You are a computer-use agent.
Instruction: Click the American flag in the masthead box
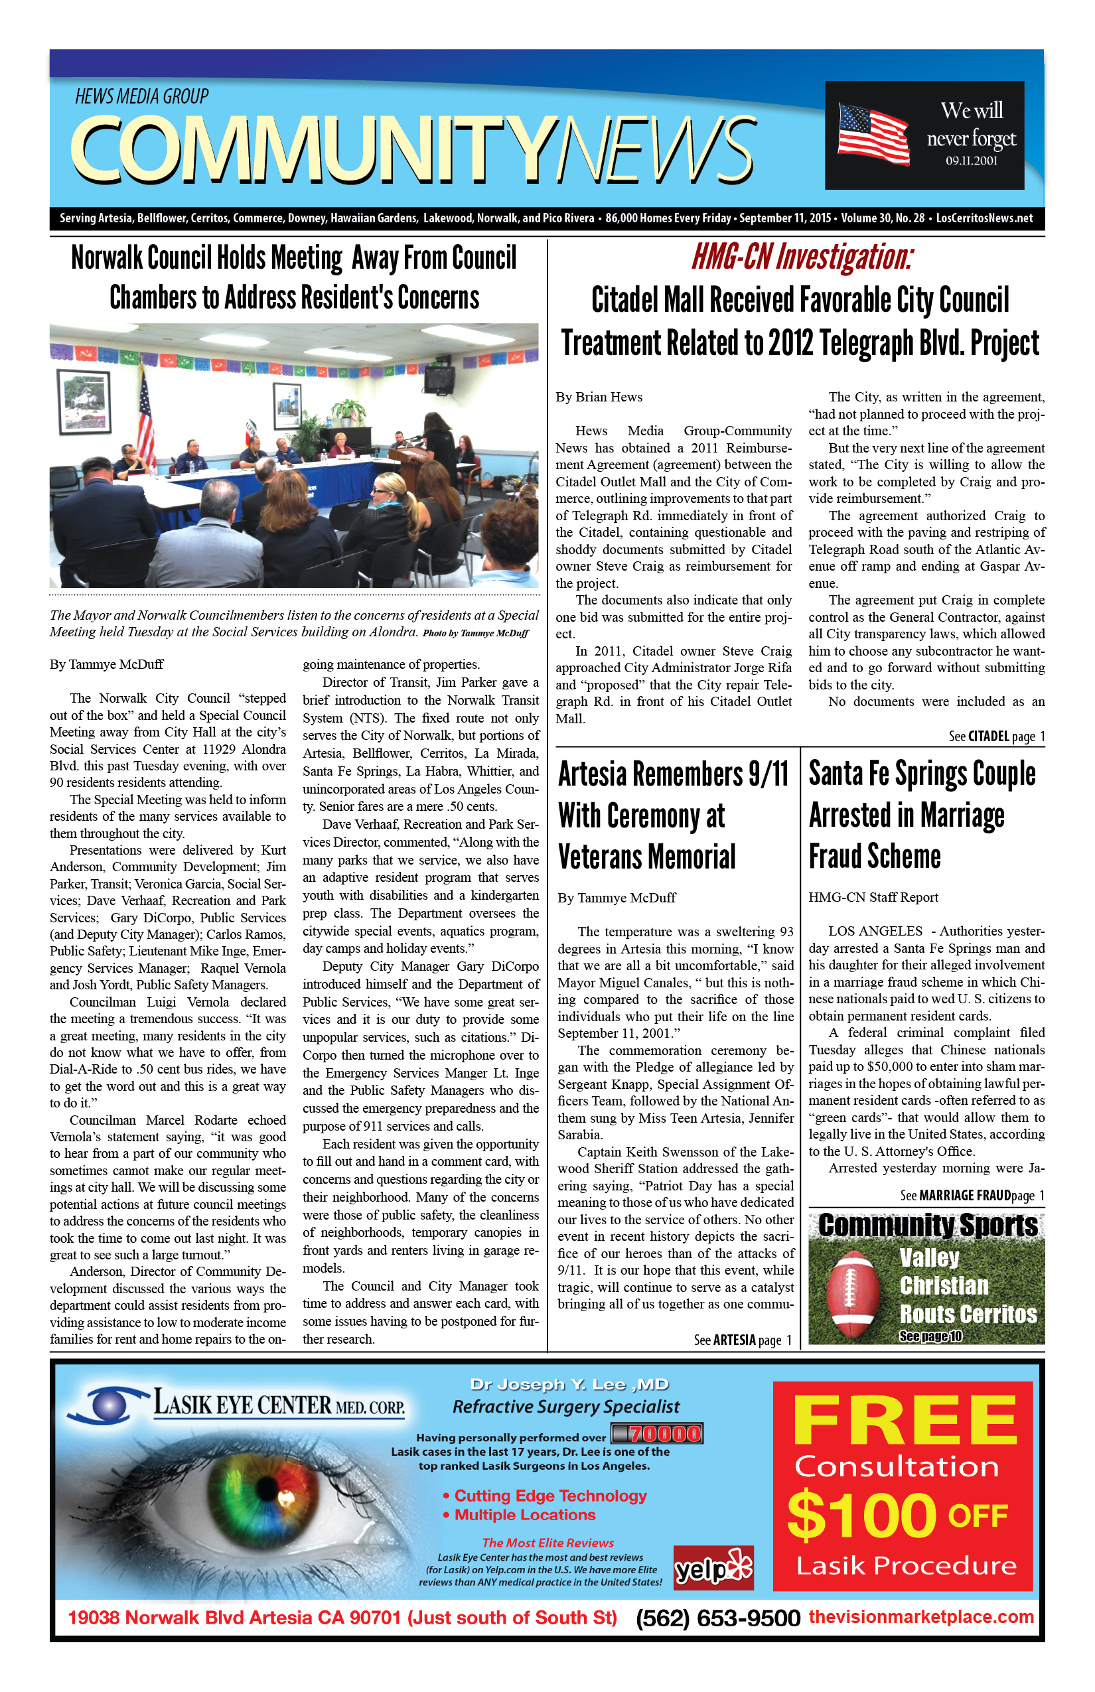tap(874, 133)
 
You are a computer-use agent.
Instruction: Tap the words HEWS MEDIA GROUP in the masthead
tap(141, 96)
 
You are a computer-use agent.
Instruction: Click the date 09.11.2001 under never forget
tap(972, 161)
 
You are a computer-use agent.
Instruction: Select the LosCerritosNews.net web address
tap(984, 218)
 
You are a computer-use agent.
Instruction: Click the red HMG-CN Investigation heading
tap(802, 257)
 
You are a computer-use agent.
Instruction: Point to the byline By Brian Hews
tap(599, 397)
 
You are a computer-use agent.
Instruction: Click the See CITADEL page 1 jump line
tap(996, 737)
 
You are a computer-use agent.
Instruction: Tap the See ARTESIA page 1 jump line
tap(743, 1340)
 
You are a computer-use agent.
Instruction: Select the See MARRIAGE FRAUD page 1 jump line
tap(972, 1195)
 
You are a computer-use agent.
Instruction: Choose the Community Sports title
tap(927, 1225)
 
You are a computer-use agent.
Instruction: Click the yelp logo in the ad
tap(713, 1567)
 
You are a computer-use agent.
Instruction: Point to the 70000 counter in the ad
tap(657, 1433)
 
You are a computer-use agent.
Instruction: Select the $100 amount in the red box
tap(861, 1515)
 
